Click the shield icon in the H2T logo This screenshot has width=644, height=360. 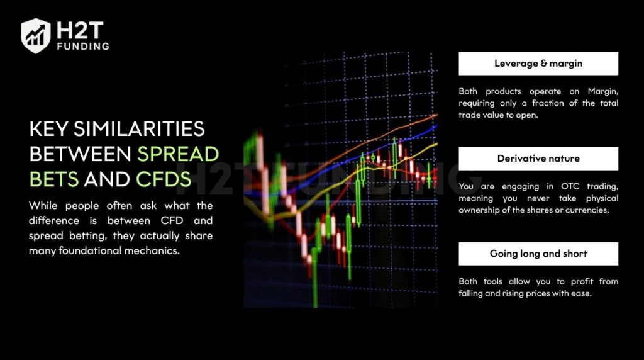(36, 35)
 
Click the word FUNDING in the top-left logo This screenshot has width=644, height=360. (83, 47)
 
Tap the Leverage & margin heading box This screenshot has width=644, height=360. (538, 64)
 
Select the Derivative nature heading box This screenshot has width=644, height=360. (538, 159)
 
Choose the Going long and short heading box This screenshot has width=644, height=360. (538, 254)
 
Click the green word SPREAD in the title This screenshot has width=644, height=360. (178, 154)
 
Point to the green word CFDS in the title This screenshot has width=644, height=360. (164, 179)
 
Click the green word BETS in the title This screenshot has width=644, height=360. (54, 179)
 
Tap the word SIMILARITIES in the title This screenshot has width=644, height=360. (139, 129)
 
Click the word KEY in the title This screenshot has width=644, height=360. (49, 129)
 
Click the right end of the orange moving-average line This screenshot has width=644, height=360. (436, 115)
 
